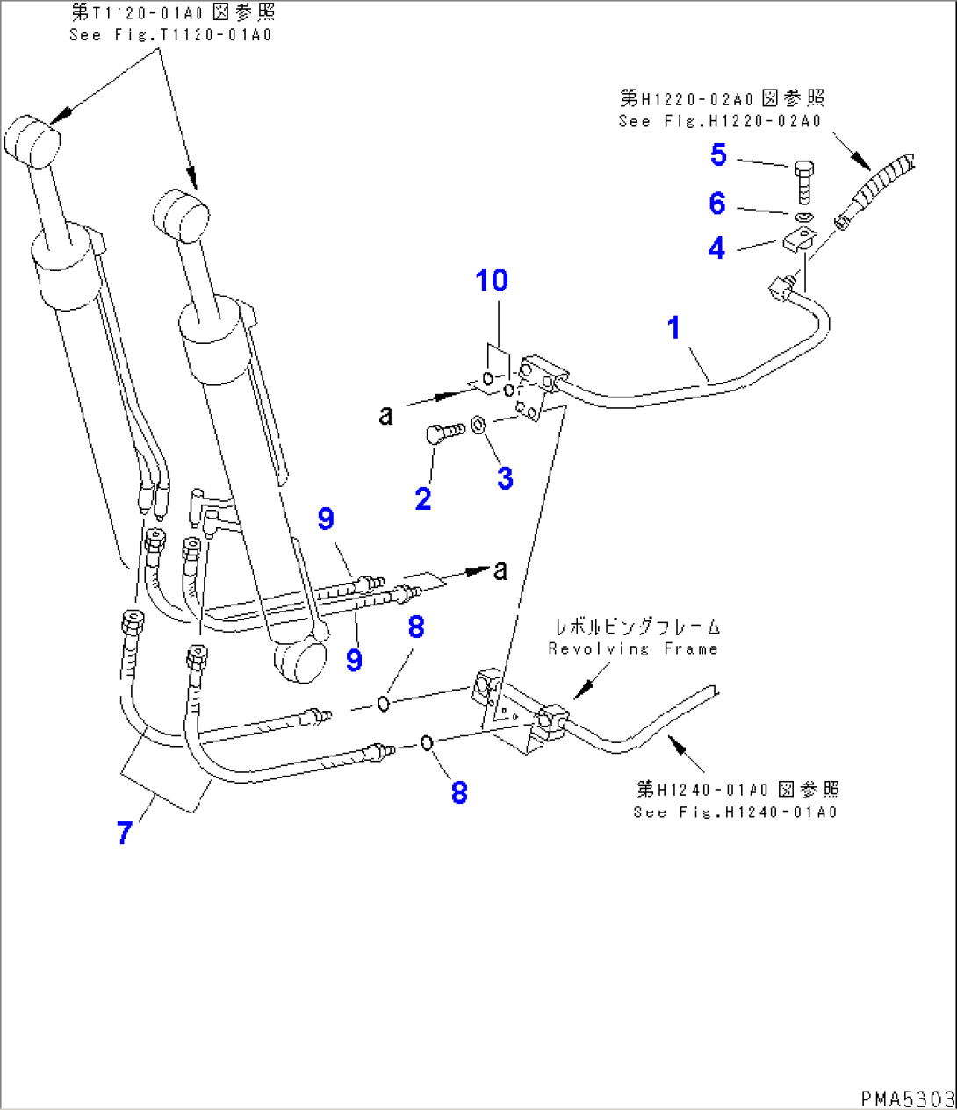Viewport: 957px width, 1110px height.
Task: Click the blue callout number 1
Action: [x=673, y=328]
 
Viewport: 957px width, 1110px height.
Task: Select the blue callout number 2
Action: [x=423, y=498]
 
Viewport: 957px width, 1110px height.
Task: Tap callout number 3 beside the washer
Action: [x=505, y=478]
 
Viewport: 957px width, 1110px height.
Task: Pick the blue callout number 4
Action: [x=717, y=248]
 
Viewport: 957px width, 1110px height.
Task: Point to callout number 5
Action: [x=718, y=155]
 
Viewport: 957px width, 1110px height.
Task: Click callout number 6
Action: [x=717, y=204]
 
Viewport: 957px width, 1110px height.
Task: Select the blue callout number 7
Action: [x=125, y=832]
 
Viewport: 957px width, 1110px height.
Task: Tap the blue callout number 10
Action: [x=492, y=281]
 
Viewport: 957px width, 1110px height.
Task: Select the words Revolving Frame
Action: [x=632, y=649]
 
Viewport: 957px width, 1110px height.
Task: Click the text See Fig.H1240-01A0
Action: [x=735, y=812]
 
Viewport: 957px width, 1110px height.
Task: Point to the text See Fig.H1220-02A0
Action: [x=720, y=121]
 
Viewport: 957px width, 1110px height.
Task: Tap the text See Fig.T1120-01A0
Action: [x=171, y=35]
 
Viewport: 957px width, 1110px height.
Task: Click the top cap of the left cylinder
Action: [x=32, y=140]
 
